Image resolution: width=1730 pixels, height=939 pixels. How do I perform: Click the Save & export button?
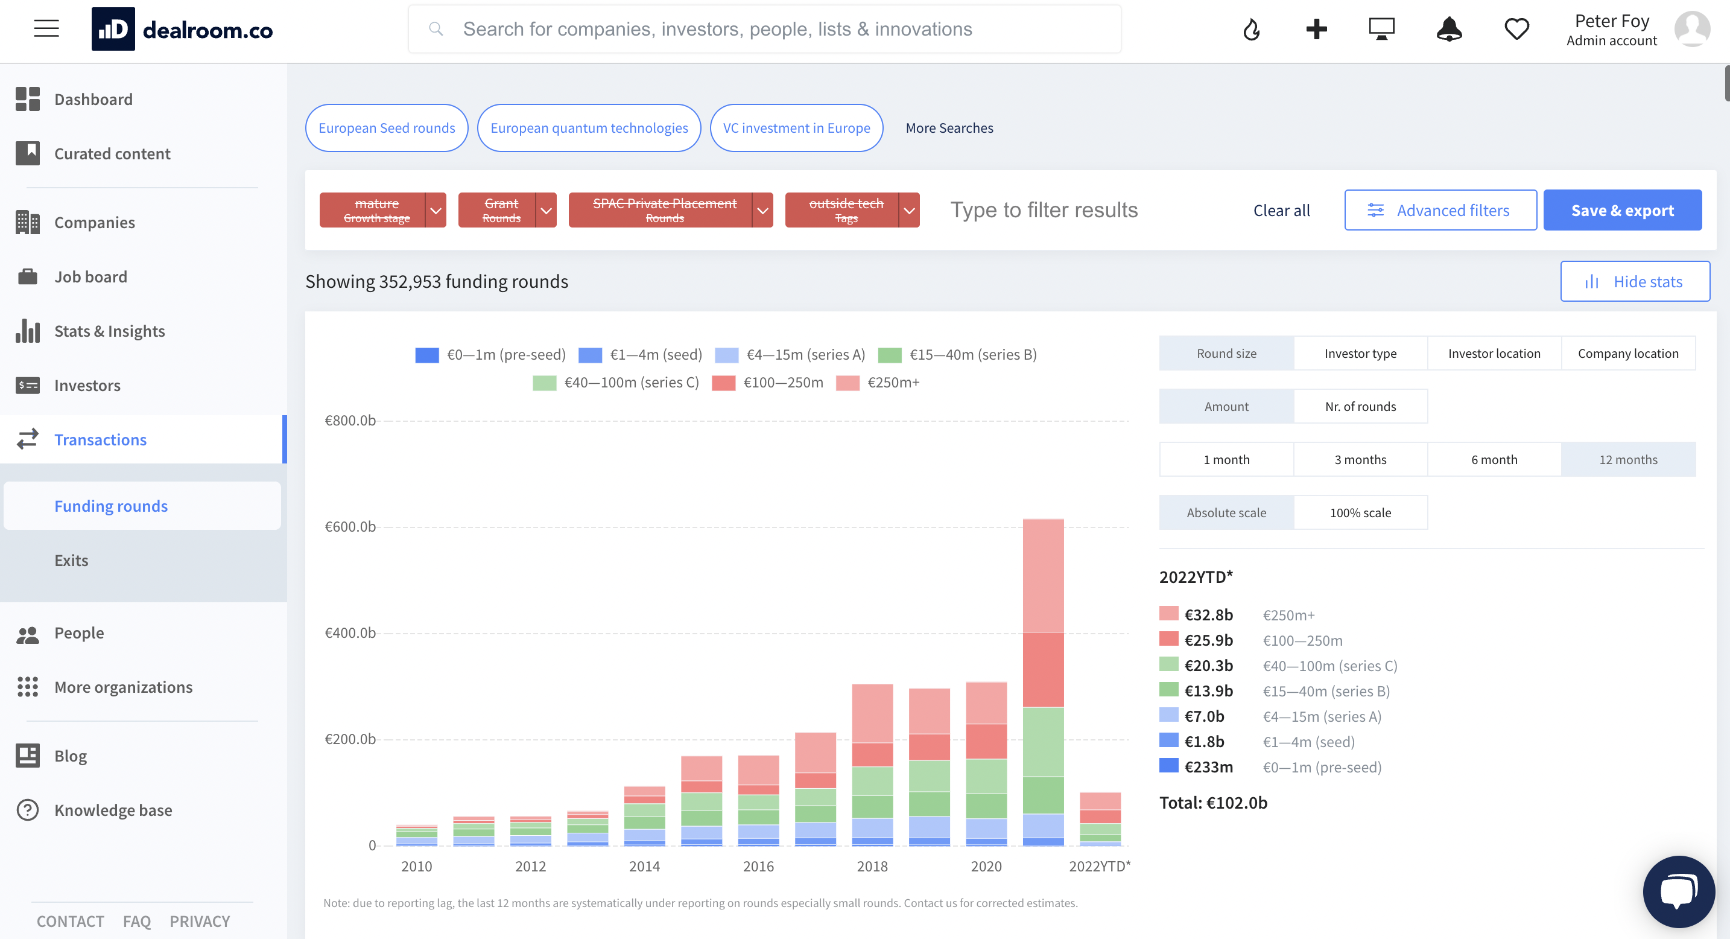(1622, 210)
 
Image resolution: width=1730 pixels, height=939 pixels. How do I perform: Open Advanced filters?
(1440, 210)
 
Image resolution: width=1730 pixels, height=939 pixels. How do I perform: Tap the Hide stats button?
(1635, 281)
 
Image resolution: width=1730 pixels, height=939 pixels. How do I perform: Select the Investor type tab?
(1360, 353)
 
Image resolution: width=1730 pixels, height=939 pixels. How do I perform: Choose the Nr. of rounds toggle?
(1360, 406)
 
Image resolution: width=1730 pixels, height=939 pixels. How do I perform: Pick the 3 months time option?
(1360, 459)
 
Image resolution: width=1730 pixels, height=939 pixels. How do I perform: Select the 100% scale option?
(1360, 512)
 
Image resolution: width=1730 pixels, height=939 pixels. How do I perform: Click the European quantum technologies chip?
(589, 127)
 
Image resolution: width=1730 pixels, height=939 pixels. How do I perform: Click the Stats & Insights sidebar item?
(109, 331)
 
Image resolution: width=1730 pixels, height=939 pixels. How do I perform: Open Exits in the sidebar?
(71, 560)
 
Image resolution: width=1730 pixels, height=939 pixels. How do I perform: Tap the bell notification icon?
(1449, 29)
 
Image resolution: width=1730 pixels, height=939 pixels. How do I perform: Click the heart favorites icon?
(1516, 29)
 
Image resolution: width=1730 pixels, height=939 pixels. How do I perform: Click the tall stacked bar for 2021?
(1043, 682)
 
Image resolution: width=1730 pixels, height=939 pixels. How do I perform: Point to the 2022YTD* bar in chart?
(1100, 819)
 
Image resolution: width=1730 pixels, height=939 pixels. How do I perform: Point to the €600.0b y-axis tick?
(350, 527)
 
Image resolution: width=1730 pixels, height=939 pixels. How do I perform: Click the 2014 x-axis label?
(644, 867)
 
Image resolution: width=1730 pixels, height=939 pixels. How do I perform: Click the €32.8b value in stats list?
(1208, 614)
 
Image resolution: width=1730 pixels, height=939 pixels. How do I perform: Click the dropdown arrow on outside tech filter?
(908, 210)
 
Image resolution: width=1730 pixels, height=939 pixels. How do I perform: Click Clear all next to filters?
(1281, 210)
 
